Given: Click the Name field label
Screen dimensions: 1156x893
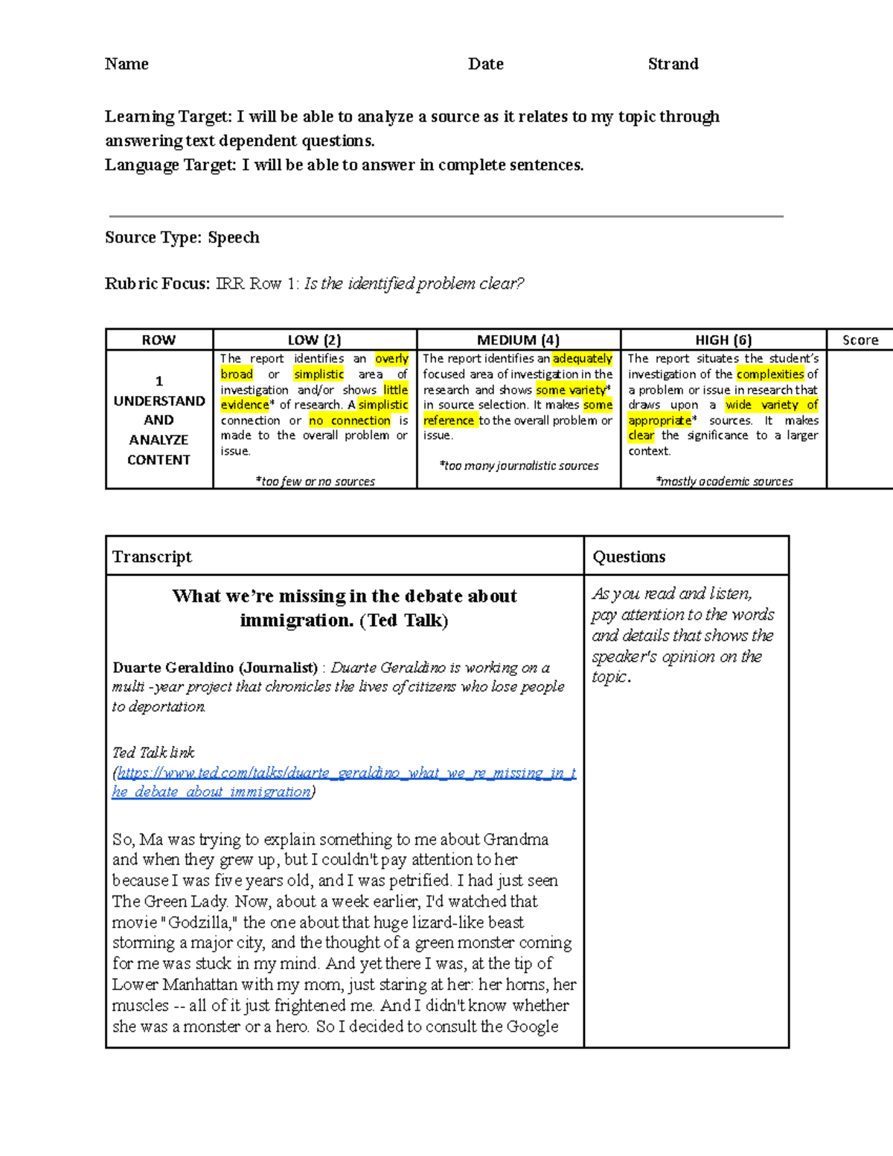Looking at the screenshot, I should (127, 64).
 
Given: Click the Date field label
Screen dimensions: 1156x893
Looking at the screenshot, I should (485, 64).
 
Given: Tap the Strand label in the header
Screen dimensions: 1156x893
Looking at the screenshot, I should (673, 64).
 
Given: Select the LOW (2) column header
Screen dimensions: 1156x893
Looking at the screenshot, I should (314, 340).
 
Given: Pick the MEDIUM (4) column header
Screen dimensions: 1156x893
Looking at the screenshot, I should (518, 340).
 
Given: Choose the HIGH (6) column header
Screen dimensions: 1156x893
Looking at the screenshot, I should (723, 340).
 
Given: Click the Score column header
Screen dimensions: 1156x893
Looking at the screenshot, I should (860, 340).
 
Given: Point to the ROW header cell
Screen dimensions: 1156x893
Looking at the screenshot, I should (159, 340).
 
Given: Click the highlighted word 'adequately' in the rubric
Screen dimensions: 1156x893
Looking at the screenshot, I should (582, 359).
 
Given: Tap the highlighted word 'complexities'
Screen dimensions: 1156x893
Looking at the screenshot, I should (770, 374).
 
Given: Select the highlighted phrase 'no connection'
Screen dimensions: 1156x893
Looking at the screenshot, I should (350, 421).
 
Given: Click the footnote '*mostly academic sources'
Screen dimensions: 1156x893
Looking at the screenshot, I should (724, 482).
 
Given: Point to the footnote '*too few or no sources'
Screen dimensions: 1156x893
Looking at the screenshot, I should (315, 482).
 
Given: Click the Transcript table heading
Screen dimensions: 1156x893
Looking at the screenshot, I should (152, 557).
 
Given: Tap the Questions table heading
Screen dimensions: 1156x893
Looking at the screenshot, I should (629, 557).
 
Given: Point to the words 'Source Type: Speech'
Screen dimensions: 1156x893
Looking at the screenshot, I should (182, 237).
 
